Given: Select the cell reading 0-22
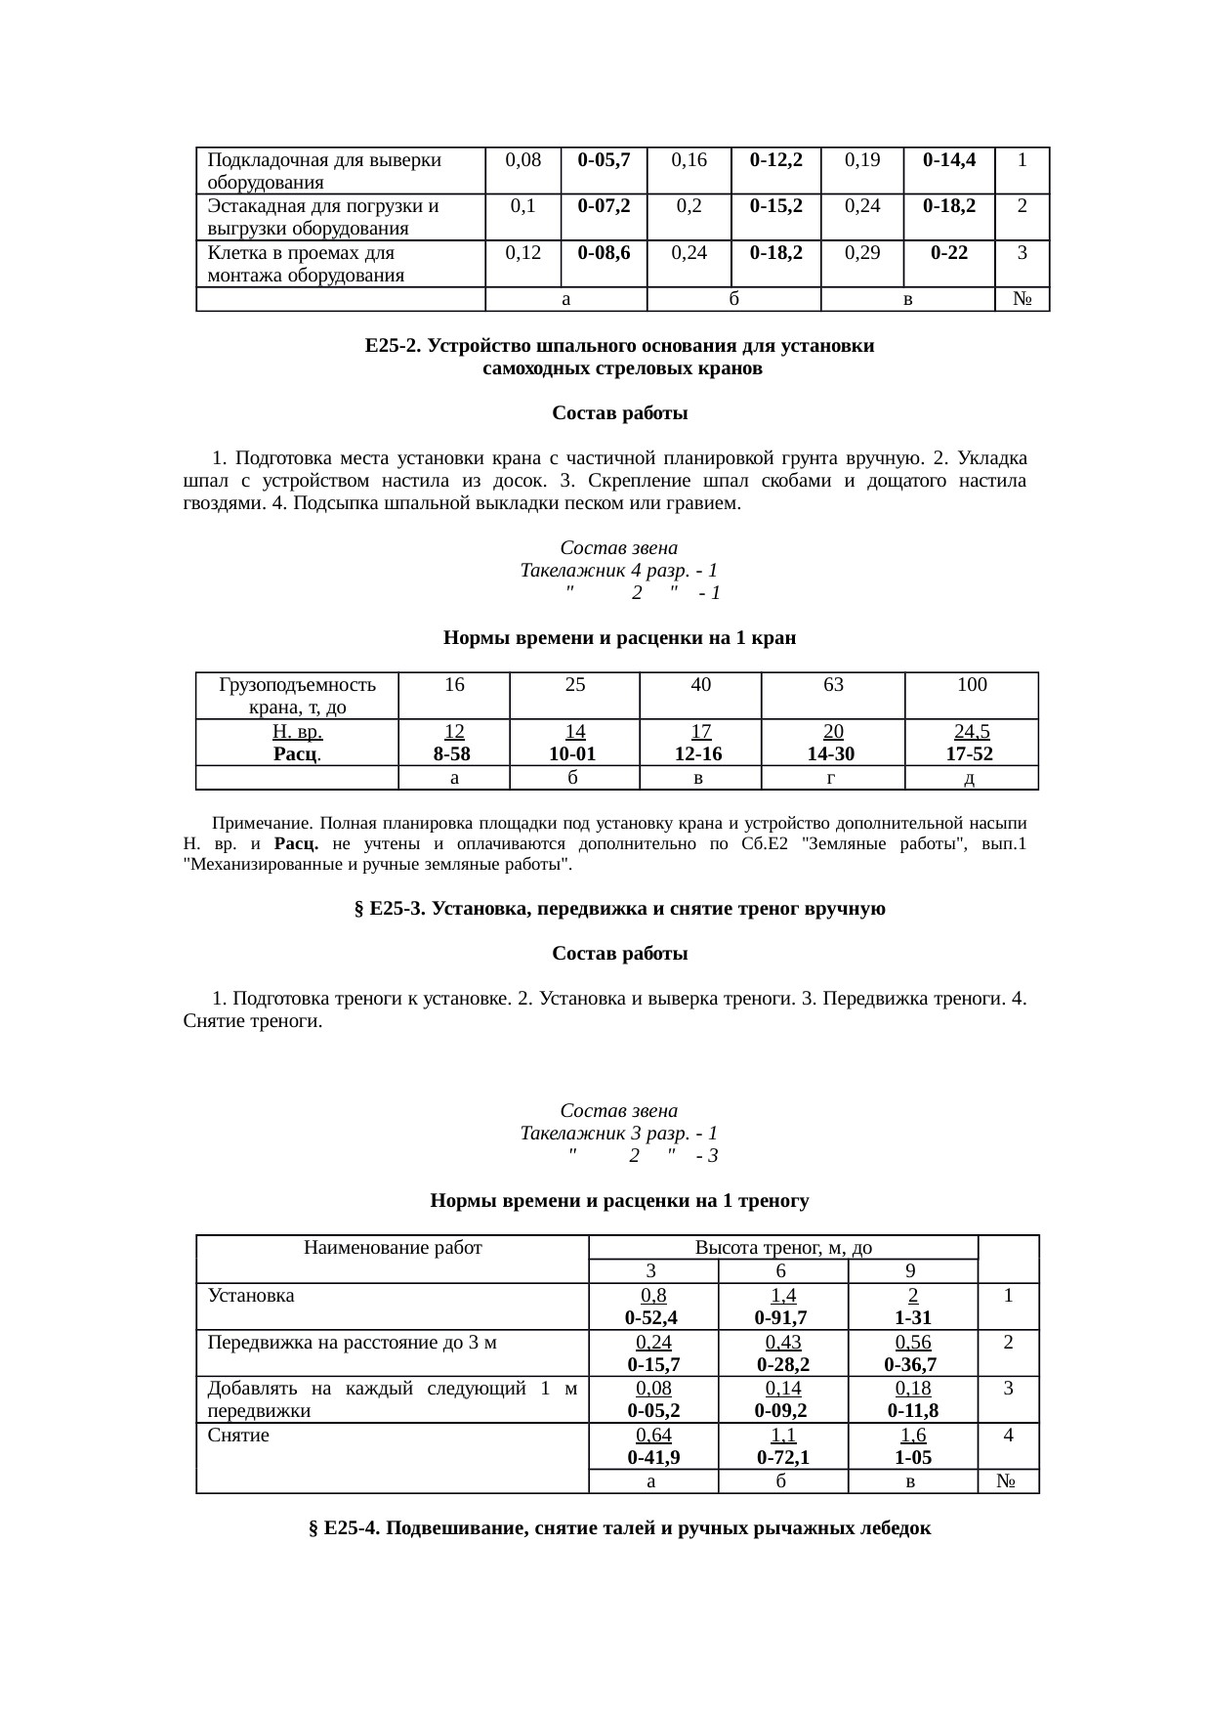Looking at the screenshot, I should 949,252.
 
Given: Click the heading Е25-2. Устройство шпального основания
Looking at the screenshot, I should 619,347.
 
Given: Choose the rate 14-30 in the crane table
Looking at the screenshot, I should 832,753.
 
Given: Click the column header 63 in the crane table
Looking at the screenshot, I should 832,685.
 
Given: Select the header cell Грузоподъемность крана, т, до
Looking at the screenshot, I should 297,695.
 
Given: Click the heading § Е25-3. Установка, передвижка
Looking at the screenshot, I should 619,909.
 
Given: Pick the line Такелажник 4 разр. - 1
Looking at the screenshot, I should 619,570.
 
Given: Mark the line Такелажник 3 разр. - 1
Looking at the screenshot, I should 619,1134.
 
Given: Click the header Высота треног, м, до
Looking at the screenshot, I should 782,1248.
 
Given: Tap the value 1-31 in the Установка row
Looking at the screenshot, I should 912,1318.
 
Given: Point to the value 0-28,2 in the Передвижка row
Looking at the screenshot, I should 781,1364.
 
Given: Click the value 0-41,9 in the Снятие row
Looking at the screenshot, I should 653,1457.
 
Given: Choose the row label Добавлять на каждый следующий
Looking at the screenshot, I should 392,1399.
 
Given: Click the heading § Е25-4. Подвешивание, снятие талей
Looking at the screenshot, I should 619,1528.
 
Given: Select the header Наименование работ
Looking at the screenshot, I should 393,1248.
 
